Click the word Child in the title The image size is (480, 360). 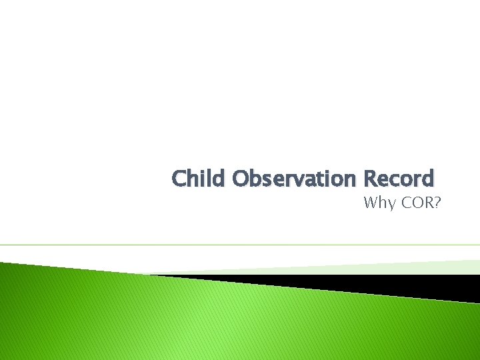(199, 179)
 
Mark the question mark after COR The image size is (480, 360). (436, 203)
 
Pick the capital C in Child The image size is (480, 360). (179, 179)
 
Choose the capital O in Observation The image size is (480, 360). (242, 179)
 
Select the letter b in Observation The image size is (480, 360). (257, 179)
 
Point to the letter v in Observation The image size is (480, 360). (293, 180)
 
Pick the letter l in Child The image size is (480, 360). (211, 179)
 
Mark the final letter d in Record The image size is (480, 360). (427, 179)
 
